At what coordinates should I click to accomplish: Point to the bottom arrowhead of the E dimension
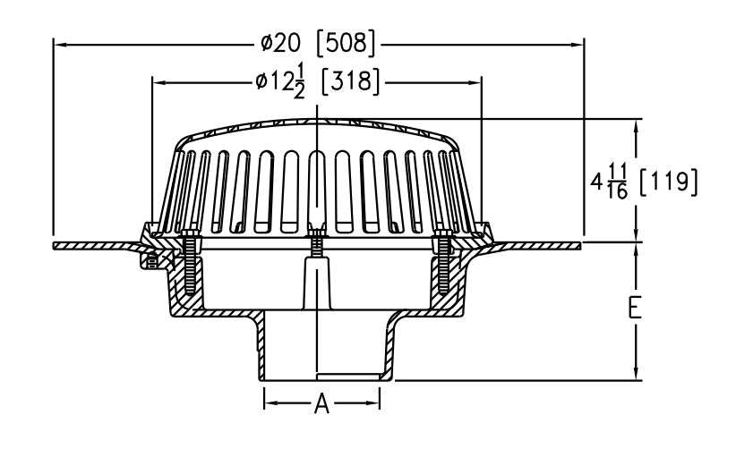point(636,375)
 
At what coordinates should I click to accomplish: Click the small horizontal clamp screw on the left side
point(151,261)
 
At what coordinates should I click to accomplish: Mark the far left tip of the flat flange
point(56,244)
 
